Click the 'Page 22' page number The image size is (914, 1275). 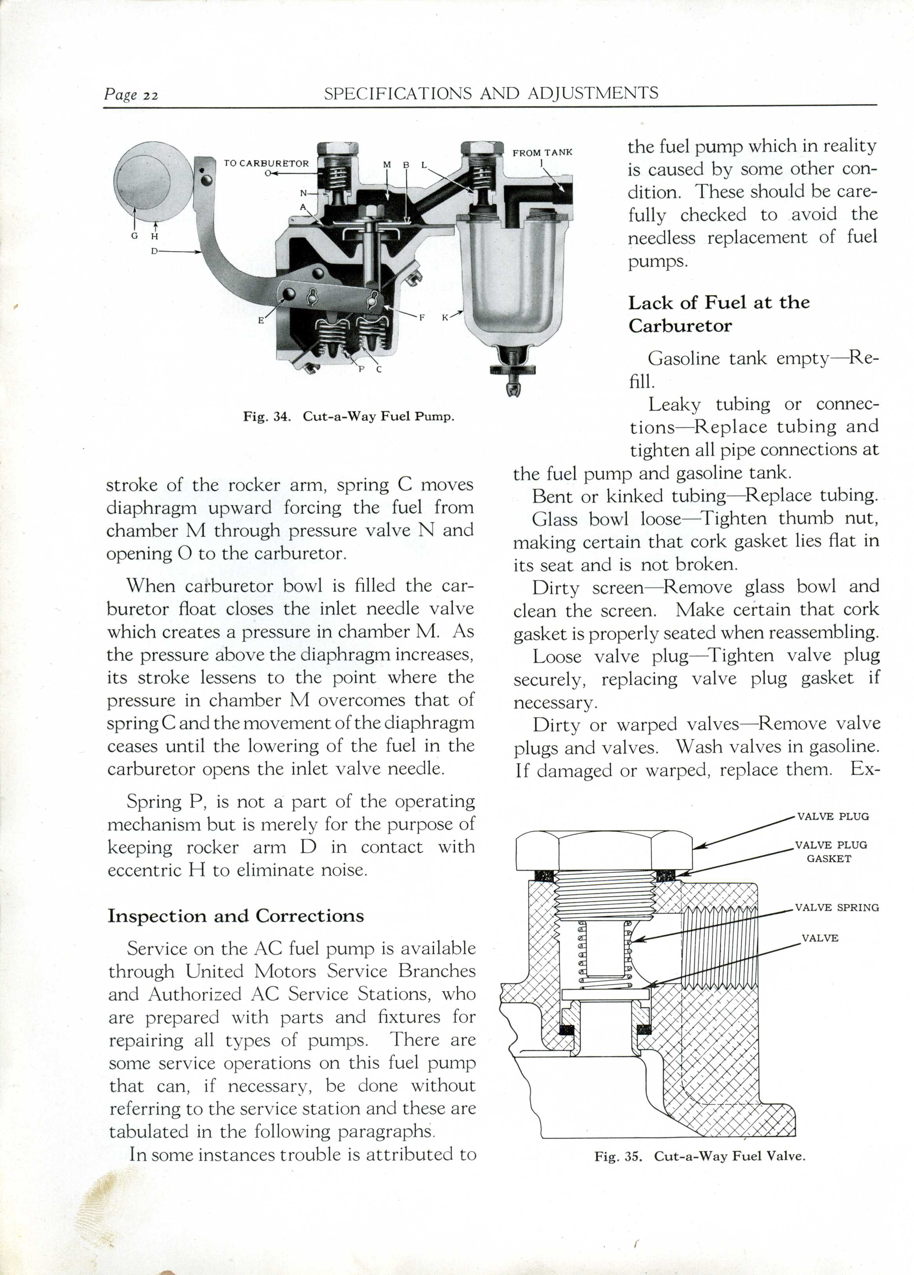pyautogui.click(x=131, y=95)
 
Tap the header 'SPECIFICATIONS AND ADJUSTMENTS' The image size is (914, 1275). pyautogui.click(x=491, y=93)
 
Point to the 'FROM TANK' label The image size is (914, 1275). pyautogui.click(x=542, y=152)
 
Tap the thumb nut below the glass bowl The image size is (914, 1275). pyautogui.click(x=513, y=370)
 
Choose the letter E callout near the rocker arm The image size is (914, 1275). pyautogui.click(x=261, y=321)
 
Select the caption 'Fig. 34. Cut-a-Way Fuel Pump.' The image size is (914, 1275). pyautogui.click(x=348, y=417)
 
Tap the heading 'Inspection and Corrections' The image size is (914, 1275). pyautogui.click(x=236, y=916)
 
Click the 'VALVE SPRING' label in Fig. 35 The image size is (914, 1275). pyautogui.click(x=836, y=907)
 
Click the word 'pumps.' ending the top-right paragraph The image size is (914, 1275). pyautogui.click(x=657, y=261)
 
